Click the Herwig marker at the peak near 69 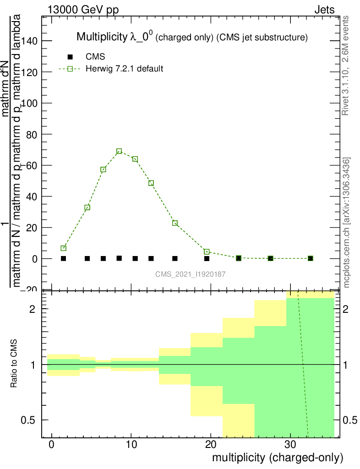119,151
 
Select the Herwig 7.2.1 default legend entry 125,69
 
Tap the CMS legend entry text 95,57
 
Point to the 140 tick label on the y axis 33,41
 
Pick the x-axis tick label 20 211,445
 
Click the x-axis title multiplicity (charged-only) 277,458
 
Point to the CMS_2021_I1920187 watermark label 191,274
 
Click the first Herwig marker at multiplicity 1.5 64,248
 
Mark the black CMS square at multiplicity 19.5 207,258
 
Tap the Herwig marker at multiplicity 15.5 175,223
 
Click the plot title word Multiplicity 100,37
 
